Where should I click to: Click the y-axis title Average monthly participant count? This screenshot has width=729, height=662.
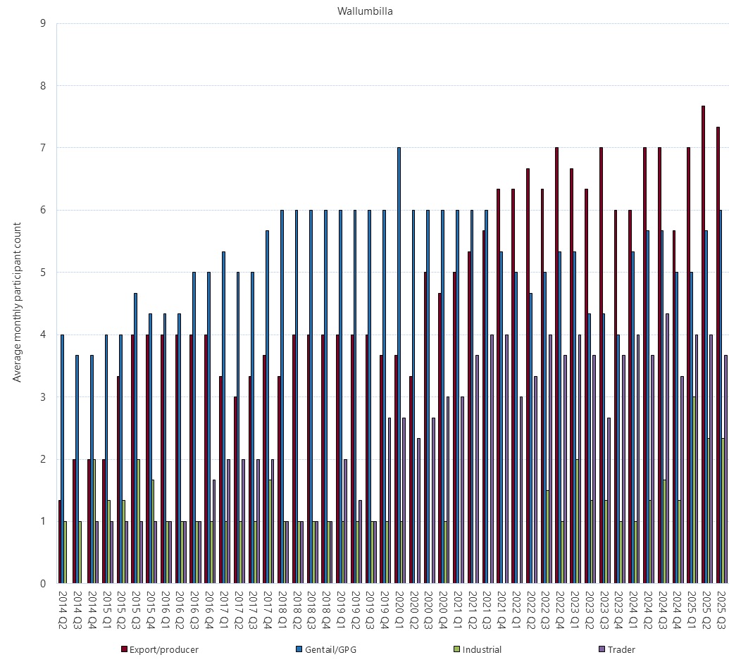point(18,302)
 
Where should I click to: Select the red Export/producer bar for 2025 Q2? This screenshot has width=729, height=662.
point(703,344)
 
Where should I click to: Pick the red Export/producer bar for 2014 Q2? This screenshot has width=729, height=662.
point(59,542)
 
